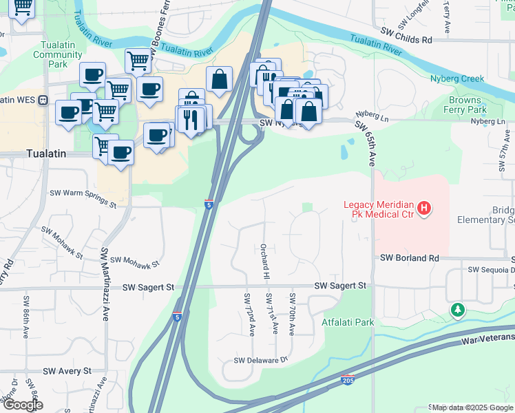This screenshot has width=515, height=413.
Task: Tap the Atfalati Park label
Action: [x=348, y=321]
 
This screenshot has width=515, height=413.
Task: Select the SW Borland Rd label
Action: [x=410, y=258]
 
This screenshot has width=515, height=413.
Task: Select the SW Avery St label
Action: [x=67, y=371]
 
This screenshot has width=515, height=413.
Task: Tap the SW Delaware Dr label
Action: [x=260, y=360]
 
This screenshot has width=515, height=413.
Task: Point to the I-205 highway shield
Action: [x=348, y=379]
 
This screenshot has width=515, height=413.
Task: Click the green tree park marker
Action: [x=458, y=310]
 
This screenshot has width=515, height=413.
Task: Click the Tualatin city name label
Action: [x=45, y=153]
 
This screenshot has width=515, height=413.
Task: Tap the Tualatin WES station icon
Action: [x=43, y=100]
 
